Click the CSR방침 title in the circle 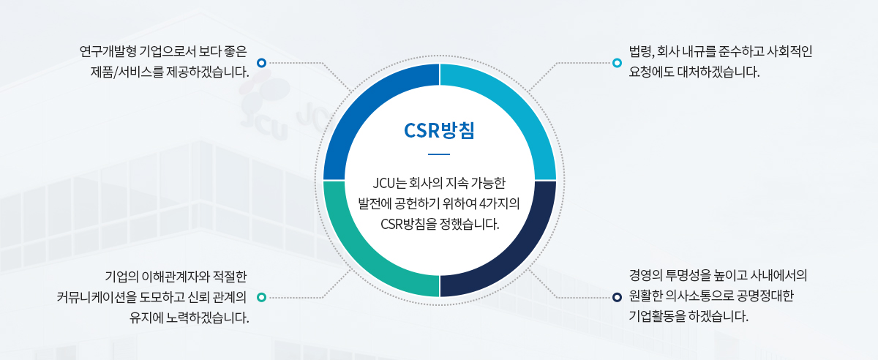(439, 130)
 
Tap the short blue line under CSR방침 (439, 154)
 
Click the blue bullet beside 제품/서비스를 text (261, 63)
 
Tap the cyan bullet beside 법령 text (617, 63)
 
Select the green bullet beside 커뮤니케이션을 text (261, 297)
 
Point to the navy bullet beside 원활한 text (617, 297)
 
